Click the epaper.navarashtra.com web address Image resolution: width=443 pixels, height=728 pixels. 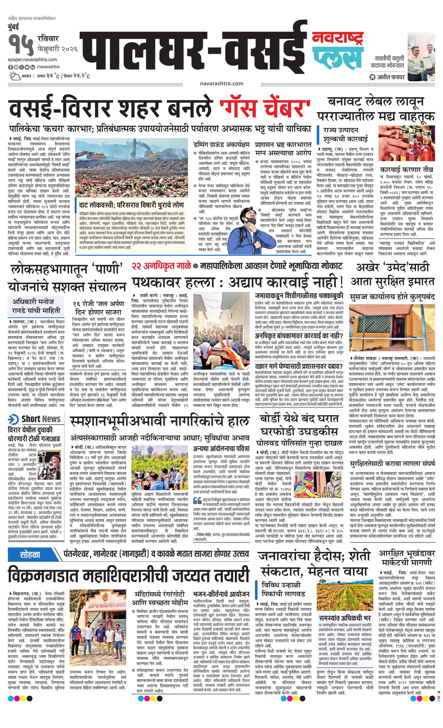tap(33, 60)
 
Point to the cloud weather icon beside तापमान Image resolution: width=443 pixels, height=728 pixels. tap(14, 76)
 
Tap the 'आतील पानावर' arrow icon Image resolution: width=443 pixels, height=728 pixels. tap(373, 77)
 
